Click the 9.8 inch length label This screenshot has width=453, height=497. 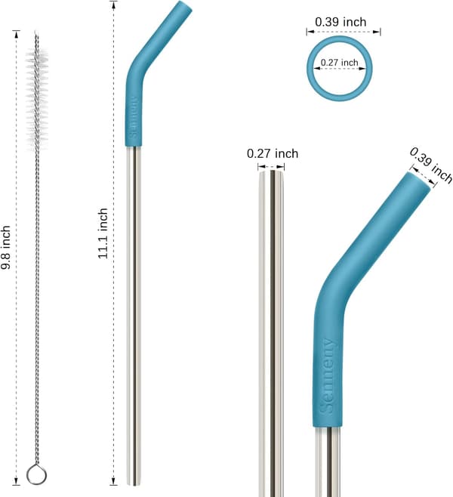(6, 248)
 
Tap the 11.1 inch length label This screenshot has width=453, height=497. (103, 233)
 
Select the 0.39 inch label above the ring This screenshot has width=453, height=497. (341, 22)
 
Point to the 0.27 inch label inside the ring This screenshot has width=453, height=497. (339, 63)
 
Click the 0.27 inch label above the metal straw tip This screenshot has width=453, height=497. (273, 153)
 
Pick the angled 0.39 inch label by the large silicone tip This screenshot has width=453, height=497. (431, 165)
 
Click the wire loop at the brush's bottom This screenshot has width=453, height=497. (36, 475)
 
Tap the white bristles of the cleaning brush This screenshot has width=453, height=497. (37, 98)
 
